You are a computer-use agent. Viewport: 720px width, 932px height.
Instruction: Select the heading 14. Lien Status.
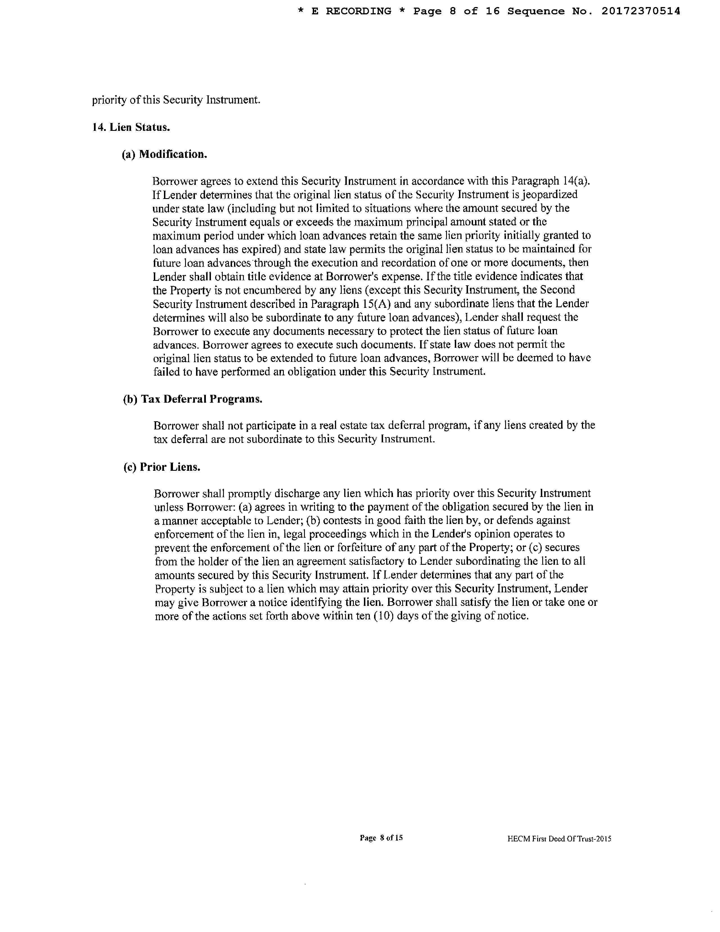click(131, 127)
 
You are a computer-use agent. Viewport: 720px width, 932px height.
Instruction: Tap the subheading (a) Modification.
click(165, 154)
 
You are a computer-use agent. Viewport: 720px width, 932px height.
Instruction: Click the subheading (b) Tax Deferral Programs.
click(192, 399)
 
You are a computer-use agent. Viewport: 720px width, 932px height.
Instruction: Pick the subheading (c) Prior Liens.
click(162, 467)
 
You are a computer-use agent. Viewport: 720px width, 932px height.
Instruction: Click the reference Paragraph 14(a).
click(550, 181)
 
